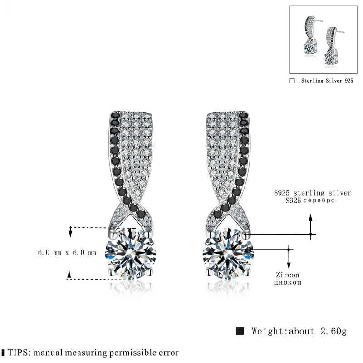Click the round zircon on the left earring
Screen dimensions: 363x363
click(x=131, y=254)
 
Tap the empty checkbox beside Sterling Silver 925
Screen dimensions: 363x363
click(x=292, y=81)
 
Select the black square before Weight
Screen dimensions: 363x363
click(x=240, y=330)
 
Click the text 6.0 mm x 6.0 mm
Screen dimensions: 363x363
click(x=67, y=253)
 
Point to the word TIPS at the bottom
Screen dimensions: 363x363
click(x=17, y=352)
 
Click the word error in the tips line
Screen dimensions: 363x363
click(x=167, y=352)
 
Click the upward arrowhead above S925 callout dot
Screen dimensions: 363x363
click(x=311, y=217)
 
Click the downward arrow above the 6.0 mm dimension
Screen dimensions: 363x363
click(x=70, y=233)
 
